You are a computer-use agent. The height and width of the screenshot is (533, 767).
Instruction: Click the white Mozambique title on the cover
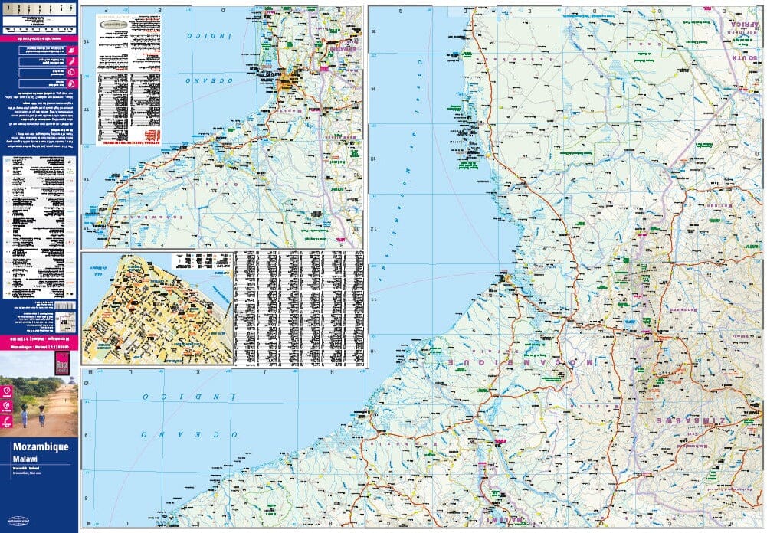tap(40, 446)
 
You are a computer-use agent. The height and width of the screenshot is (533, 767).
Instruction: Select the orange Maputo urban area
tap(289, 80)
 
